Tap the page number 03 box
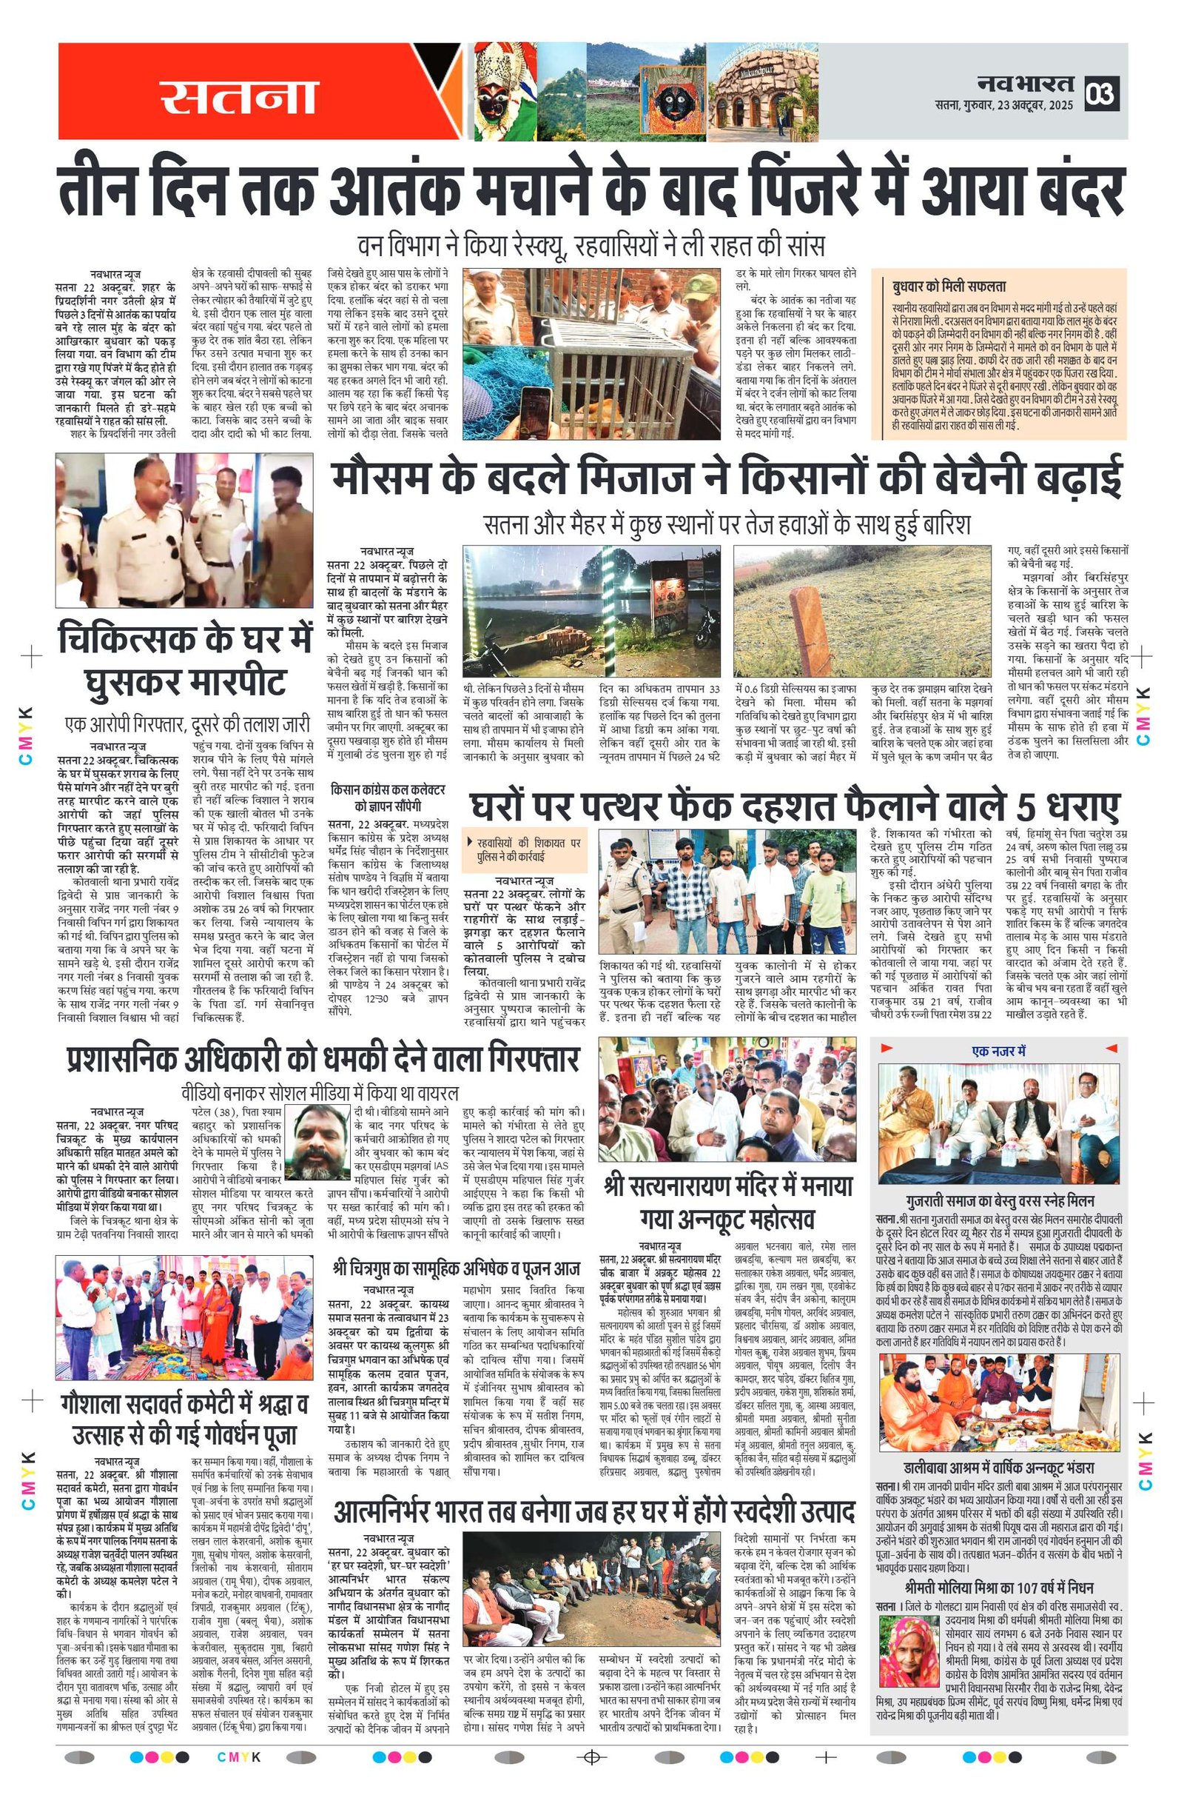tap(1101, 93)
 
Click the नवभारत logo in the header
tap(1025, 83)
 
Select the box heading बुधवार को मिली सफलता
tap(949, 287)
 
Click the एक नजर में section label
tap(998, 1051)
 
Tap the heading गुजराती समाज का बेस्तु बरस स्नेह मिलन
tap(999, 1200)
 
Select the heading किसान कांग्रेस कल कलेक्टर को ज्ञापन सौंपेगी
tap(387, 796)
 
